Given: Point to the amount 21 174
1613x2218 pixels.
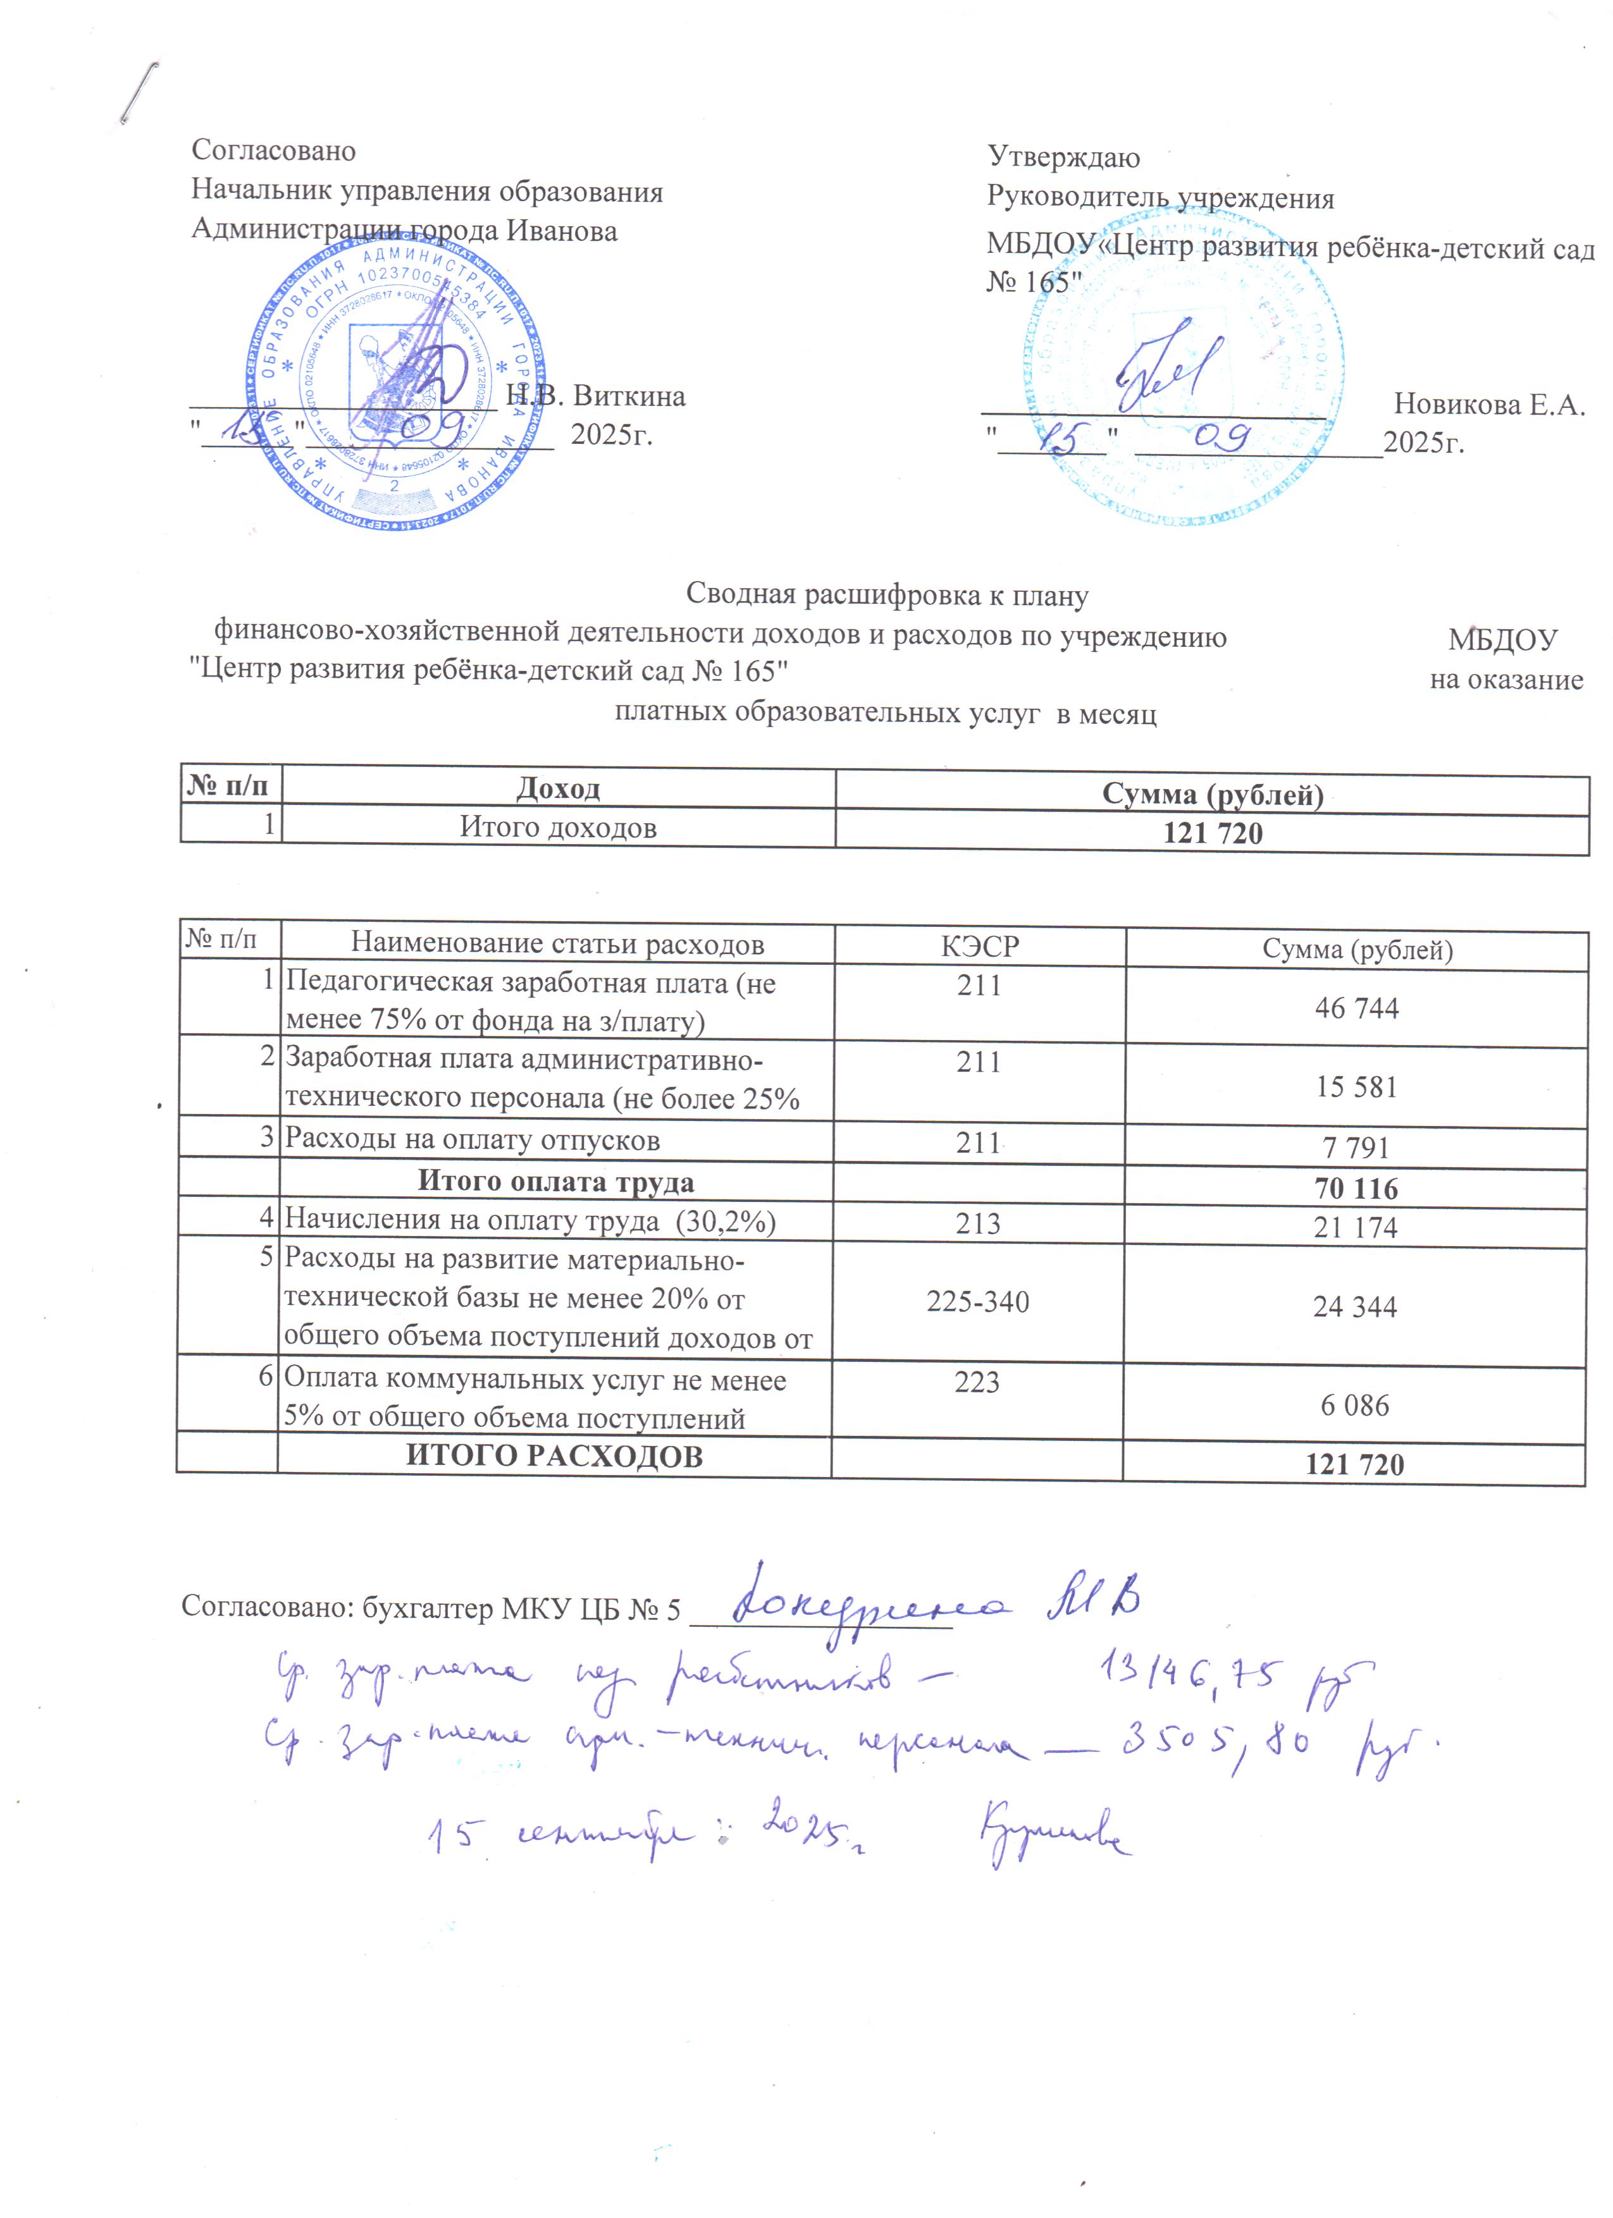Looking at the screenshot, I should [1355, 1227].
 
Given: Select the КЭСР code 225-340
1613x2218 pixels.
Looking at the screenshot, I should [978, 1302].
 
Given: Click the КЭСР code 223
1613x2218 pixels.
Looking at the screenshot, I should [977, 1382].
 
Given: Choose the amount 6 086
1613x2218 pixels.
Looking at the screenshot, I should [1355, 1406].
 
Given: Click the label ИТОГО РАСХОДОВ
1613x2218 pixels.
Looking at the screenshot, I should [555, 1456].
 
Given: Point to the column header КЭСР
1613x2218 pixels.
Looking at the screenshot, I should [979, 946].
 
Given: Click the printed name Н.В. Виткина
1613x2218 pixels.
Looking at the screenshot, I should [596, 396].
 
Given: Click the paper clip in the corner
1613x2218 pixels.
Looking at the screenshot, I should [139, 94].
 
